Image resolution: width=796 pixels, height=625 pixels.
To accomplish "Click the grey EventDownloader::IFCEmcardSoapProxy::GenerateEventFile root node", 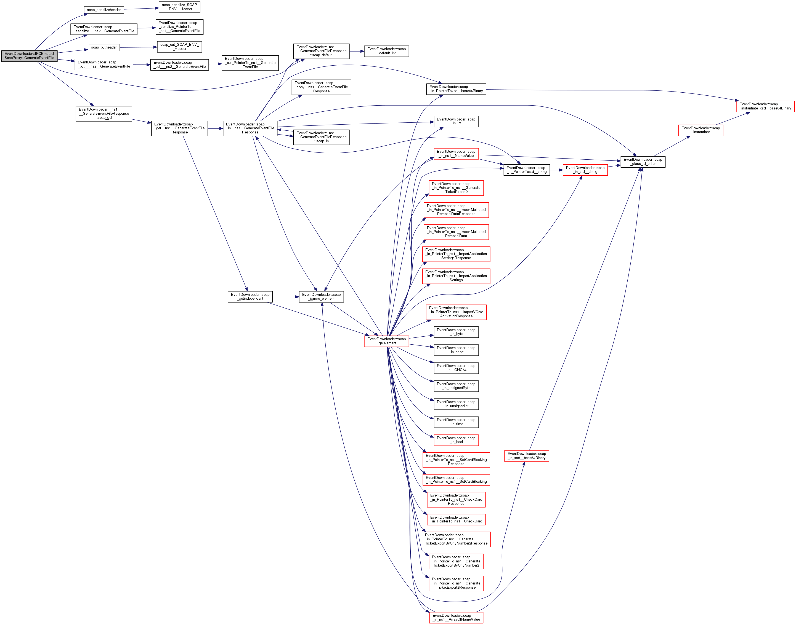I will pos(29,56).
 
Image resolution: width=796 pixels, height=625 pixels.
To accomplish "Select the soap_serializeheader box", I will pos(104,10).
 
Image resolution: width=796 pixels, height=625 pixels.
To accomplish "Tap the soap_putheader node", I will pos(104,48).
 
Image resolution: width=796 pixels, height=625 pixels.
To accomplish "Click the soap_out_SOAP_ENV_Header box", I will pos(179,47).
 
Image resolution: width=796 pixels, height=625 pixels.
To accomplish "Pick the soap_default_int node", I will pos(386,51).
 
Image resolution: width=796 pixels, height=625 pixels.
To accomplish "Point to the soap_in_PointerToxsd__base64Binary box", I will pos(456,89).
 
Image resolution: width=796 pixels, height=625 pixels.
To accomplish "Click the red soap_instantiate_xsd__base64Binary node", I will pos(765,106).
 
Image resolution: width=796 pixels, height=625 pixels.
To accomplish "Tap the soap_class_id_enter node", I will pos(643,162).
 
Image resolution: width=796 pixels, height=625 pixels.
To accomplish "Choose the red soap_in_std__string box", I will pos(585,170).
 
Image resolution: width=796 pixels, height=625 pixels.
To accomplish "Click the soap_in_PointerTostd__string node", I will pos(526,170).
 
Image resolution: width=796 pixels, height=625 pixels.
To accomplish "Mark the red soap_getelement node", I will pos(386,341).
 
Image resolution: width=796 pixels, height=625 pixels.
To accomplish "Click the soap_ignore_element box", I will pos(321,297).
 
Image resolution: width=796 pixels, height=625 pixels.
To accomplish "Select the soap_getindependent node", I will pos(250,297).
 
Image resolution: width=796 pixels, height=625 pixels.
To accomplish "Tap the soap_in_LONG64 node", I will pos(456,368).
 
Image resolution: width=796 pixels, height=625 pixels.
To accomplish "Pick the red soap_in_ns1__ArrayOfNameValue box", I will pos(456,618).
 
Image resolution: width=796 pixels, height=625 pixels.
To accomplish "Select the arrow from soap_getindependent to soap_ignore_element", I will pos(286,297).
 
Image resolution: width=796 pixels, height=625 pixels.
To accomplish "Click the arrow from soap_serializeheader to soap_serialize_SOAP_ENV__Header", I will pos(141,9).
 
